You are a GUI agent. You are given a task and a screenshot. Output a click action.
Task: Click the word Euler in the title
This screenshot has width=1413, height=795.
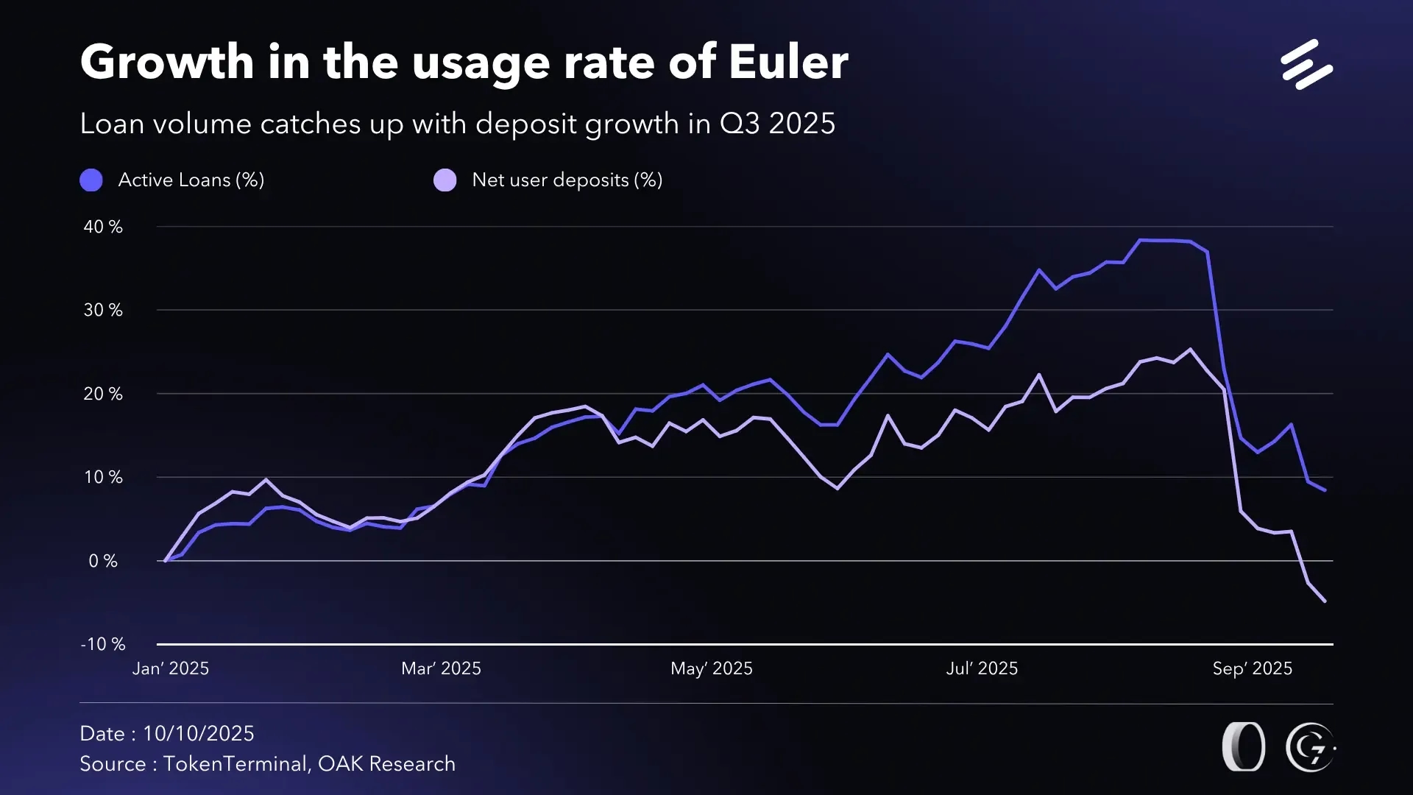788,62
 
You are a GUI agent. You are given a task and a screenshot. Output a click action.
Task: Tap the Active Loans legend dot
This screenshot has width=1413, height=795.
91,180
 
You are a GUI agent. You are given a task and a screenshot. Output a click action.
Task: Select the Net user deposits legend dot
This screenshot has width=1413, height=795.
445,180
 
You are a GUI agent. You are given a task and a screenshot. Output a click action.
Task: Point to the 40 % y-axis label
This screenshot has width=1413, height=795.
103,227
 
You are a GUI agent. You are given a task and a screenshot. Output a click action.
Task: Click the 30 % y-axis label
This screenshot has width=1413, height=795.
103,310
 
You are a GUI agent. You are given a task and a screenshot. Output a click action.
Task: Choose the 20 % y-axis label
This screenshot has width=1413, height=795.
103,394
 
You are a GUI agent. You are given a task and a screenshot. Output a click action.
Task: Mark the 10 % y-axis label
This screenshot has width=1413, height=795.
103,477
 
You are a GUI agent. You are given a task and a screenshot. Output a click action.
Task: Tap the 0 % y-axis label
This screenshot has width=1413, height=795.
103,561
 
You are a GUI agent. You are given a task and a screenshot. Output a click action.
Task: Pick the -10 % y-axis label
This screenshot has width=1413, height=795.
103,644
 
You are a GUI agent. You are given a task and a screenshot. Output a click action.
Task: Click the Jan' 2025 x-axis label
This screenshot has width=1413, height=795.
171,668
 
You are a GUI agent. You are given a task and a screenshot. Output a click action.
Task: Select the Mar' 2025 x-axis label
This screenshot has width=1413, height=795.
441,668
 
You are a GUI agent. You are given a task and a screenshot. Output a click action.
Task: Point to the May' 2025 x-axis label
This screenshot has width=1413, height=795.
712,668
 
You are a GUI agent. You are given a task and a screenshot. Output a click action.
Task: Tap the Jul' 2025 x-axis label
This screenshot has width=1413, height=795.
982,668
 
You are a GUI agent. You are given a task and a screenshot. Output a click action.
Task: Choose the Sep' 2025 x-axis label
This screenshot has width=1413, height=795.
1253,668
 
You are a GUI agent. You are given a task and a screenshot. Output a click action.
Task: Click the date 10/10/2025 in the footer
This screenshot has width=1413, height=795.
199,733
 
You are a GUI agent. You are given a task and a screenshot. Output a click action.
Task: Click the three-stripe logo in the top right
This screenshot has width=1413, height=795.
1306,65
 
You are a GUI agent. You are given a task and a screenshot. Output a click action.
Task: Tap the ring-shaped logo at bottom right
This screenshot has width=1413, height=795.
1244,747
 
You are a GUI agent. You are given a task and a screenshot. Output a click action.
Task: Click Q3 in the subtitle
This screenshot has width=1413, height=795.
739,124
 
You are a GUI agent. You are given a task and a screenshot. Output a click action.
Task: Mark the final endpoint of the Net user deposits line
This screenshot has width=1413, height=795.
1325,601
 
